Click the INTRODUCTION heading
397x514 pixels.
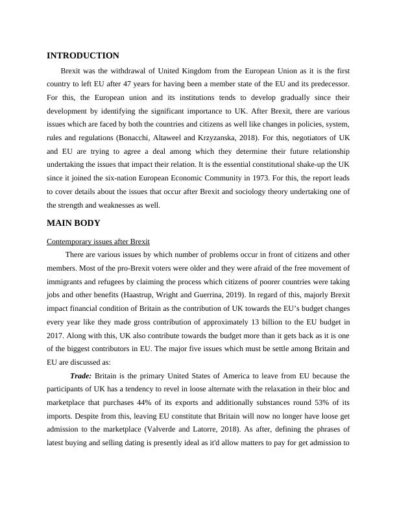pyautogui.click(x=83, y=56)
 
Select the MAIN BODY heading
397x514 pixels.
pyautogui.click(x=74, y=223)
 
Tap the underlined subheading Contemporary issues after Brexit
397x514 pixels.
pyautogui.click(x=99, y=241)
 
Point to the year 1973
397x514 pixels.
pyautogui.click(x=258, y=178)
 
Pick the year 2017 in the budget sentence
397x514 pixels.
pyautogui.click(x=56, y=334)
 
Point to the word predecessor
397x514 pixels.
pyautogui.click(x=330, y=84)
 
